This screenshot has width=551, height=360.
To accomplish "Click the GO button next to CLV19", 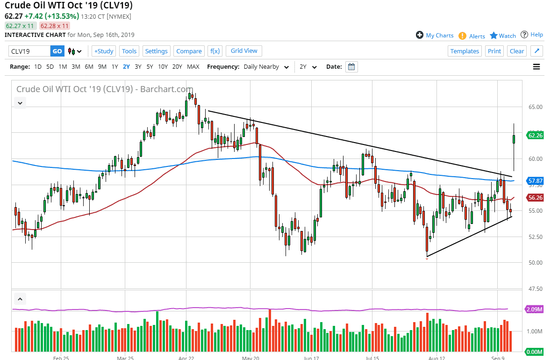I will click(x=57, y=51).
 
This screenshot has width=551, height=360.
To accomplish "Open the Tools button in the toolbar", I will click(x=129, y=51).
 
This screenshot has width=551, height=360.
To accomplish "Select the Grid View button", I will click(x=244, y=50).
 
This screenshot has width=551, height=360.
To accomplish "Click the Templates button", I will click(x=465, y=51).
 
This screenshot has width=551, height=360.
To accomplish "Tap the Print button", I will click(x=494, y=51).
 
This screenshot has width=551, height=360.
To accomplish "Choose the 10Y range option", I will click(x=163, y=66).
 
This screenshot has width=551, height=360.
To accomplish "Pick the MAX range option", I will click(x=193, y=66).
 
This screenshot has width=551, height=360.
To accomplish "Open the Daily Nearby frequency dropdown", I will click(x=266, y=66).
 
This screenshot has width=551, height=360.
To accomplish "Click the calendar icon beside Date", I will click(x=351, y=66).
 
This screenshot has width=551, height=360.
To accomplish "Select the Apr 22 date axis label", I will click(x=186, y=359).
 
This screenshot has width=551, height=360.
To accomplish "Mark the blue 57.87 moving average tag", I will click(x=534, y=180).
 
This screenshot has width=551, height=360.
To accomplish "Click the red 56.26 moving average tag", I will click(x=534, y=198).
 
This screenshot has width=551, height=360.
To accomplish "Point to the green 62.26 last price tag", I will click(x=534, y=136).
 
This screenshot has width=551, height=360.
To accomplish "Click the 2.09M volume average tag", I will click(x=534, y=310).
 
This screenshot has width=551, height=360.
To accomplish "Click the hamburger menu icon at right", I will click(x=537, y=66).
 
